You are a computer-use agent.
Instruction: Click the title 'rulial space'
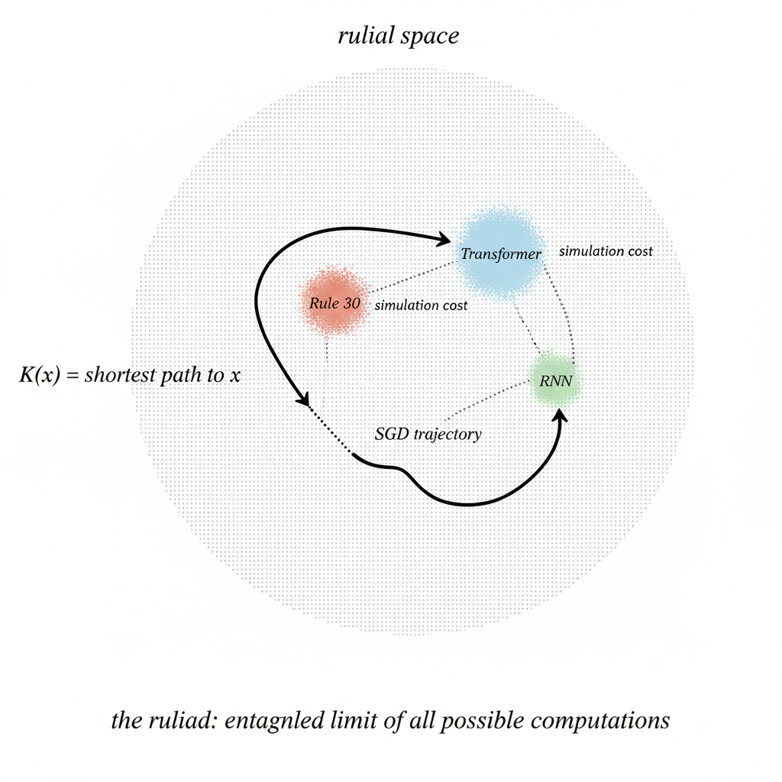(x=398, y=36)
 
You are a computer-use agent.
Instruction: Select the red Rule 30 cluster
(x=334, y=302)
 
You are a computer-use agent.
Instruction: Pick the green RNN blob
(x=556, y=380)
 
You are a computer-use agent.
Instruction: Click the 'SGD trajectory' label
(x=428, y=435)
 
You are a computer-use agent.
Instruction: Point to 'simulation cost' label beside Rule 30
(x=421, y=305)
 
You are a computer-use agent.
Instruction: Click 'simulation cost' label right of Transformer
(x=606, y=250)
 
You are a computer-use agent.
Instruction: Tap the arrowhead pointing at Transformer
(x=444, y=241)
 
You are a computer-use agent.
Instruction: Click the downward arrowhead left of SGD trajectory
(x=304, y=399)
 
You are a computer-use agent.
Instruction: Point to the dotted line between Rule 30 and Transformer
(x=412, y=278)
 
